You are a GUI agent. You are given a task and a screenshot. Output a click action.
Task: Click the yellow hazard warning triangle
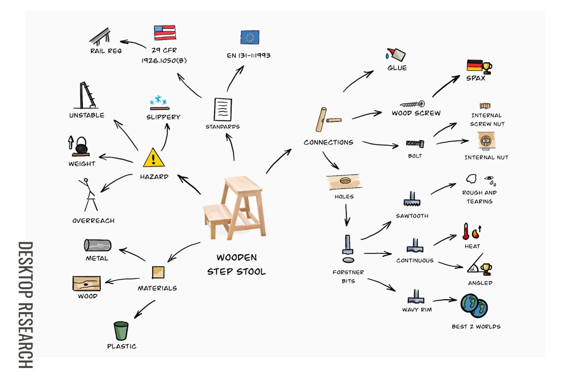[x=154, y=158]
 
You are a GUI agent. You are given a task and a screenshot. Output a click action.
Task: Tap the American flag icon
[x=164, y=33]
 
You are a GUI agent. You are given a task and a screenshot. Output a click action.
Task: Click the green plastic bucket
[x=121, y=331]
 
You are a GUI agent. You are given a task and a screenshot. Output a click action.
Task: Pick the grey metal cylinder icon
[x=97, y=245]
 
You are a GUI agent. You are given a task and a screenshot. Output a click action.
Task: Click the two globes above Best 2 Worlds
[x=474, y=305]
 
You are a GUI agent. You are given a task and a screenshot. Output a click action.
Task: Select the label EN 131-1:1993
[x=249, y=55]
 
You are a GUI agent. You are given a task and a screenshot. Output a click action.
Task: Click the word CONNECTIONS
[x=328, y=142]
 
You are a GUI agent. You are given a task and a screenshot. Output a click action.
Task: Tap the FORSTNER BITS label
[x=348, y=277]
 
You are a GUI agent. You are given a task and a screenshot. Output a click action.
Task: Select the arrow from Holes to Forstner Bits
[x=346, y=214]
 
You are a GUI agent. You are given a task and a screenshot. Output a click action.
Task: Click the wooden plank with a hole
[x=344, y=182]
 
